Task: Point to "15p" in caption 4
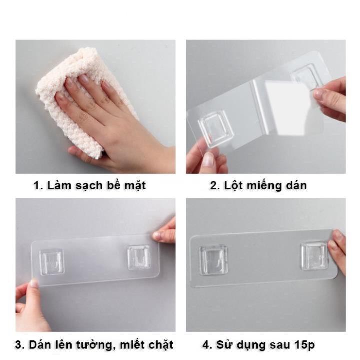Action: (304, 345)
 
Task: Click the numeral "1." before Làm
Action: (39, 186)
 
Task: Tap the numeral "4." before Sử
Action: (208, 345)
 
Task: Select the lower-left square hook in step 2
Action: (216, 128)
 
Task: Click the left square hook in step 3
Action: (52, 262)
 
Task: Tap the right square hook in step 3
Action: (139, 257)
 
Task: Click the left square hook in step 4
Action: (213, 260)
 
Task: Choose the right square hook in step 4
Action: (314, 255)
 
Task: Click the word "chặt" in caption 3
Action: (161, 345)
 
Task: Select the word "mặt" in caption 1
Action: (135, 186)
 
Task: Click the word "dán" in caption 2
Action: (296, 186)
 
